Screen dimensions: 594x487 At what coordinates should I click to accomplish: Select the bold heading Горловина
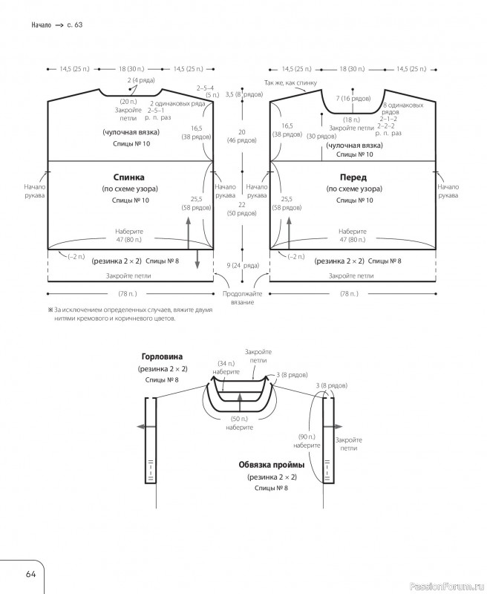point(162,356)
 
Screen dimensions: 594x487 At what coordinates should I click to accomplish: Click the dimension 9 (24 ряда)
point(242,265)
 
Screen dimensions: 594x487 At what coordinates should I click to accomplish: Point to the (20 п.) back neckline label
point(128,101)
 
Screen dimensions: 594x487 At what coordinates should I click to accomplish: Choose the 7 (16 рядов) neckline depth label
point(353,98)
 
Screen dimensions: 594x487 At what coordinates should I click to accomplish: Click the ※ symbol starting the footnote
point(50,309)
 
